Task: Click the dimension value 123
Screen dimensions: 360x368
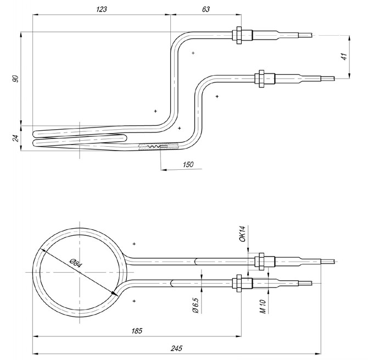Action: click(x=101, y=9)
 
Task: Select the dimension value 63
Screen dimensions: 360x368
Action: click(x=205, y=9)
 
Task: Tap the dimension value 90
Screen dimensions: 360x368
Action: click(x=16, y=78)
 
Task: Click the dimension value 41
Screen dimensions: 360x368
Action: click(x=344, y=56)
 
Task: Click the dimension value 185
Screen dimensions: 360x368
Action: click(x=137, y=331)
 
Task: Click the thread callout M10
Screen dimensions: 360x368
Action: click(x=263, y=306)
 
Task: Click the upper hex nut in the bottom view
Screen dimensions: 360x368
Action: click(x=261, y=259)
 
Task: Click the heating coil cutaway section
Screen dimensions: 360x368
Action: click(x=159, y=147)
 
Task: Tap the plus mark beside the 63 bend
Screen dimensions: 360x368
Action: click(x=193, y=53)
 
